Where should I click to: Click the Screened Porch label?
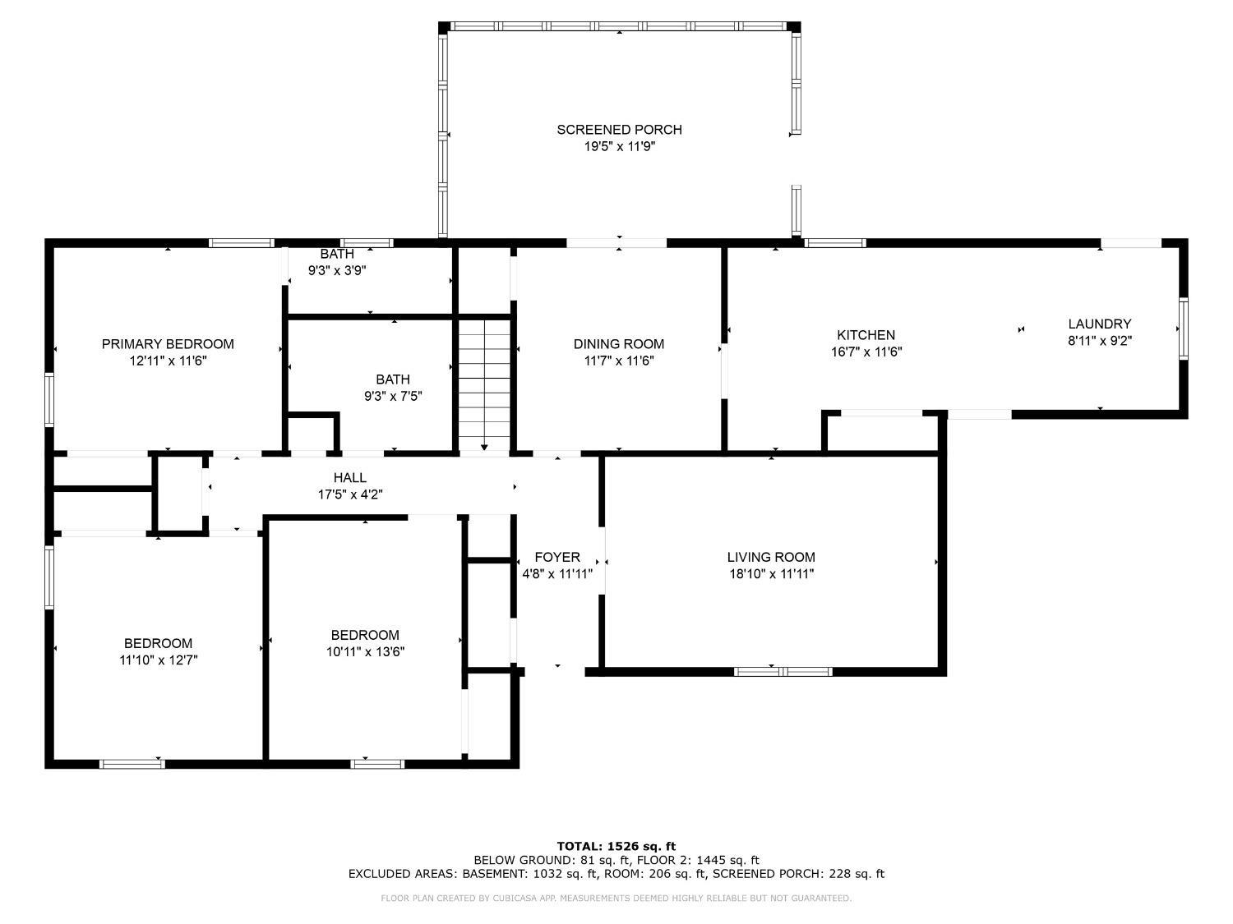[619, 130]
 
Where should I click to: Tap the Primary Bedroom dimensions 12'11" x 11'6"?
[168, 361]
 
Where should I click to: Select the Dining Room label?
[618, 344]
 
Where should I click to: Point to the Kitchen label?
[866, 335]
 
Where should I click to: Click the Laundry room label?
[1099, 324]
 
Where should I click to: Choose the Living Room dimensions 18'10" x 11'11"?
[771, 574]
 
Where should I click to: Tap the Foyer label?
[557, 557]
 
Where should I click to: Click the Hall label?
[350, 477]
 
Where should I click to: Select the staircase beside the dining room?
[484, 385]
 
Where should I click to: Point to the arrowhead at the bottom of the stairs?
[484, 447]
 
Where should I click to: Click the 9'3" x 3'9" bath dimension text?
[337, 270]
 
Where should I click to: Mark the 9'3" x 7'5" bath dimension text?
[393, 396]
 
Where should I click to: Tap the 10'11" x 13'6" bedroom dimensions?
[365, 652]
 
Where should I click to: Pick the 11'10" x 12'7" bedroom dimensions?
[159, 660]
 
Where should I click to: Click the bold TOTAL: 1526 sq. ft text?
[616, 846]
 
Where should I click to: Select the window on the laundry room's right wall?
[1183, 329]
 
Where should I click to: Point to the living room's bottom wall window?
[783, 672]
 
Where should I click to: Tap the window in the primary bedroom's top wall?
[242, 243]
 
